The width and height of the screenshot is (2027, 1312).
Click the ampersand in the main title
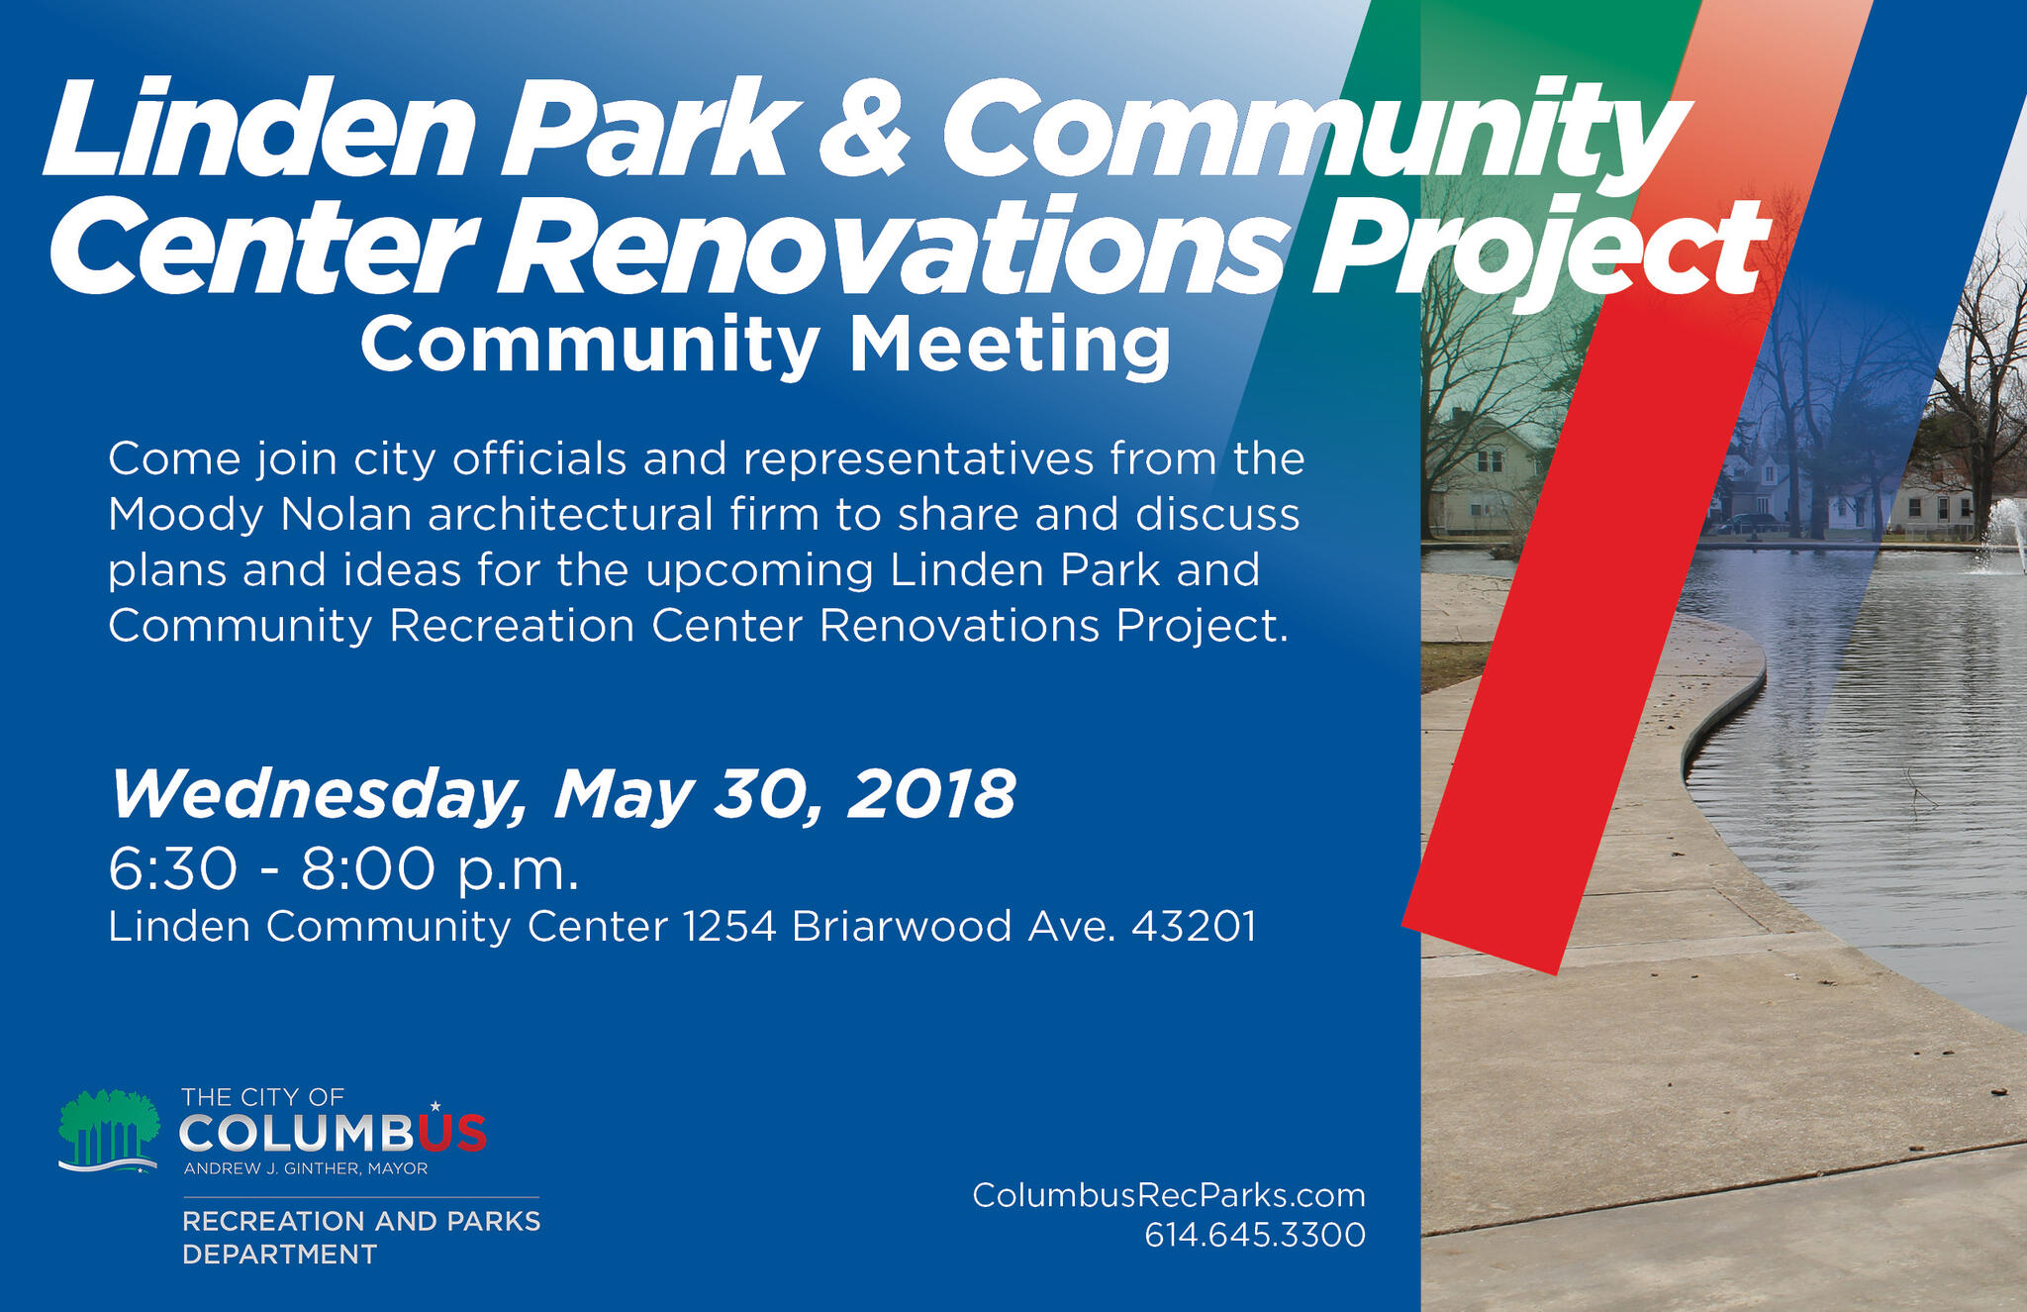[864, 129]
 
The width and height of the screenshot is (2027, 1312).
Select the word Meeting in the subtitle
[1010, 345]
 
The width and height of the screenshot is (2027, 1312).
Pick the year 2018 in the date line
[930, 793]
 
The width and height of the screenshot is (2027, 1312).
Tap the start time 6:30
[173, 869]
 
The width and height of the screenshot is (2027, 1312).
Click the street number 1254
[729, 927]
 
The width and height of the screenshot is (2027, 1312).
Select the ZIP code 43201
[1194, 927]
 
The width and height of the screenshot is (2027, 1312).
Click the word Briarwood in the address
[902, 927]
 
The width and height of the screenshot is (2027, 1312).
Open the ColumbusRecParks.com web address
[1168, 1195]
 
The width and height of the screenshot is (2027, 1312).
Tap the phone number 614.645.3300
[1254, 1235]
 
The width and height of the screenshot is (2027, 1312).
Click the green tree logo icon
[109, 1130]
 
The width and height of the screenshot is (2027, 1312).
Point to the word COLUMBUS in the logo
[333, 1133]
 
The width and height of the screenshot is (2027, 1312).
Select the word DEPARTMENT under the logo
[279, 1255]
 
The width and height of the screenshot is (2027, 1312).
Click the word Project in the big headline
[1539, 248]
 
